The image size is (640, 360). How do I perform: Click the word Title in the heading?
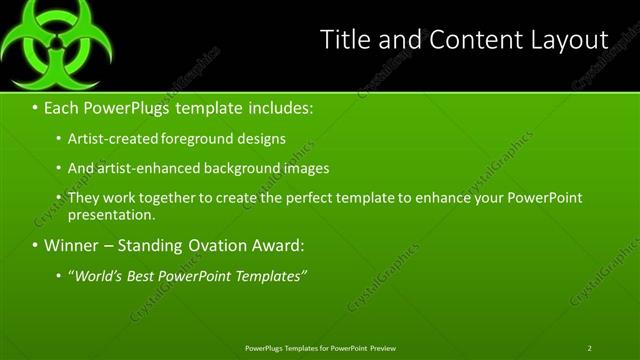tap(344, 40)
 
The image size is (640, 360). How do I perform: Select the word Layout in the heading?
tap(571, 40)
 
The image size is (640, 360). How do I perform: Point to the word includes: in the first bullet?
tap(273, 105)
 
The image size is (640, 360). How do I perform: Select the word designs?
tap(263, 138)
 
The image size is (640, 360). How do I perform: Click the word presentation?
tap(111, 214)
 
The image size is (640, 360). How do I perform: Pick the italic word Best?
tap(146, 275)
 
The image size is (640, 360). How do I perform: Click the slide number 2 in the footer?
tap(589, 348)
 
